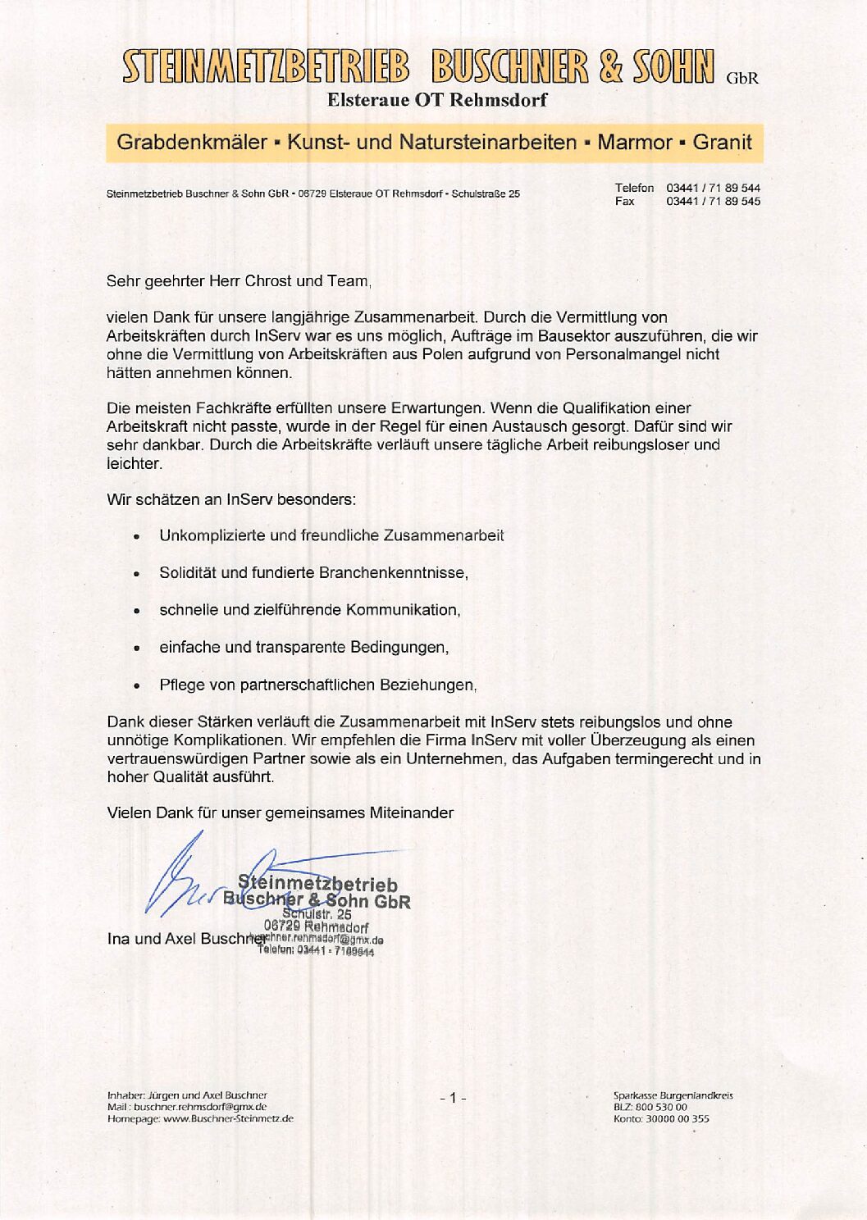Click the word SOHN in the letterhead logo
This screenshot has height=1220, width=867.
point(673,68)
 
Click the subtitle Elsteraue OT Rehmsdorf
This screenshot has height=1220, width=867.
point(436,100)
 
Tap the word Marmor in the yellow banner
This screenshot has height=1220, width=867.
point(634,142)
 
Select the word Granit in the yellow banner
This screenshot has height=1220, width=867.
point(722,142)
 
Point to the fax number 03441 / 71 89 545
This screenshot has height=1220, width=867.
point(713,201)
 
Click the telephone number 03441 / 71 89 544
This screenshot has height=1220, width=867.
point(713,188)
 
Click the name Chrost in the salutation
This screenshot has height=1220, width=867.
point(268,281)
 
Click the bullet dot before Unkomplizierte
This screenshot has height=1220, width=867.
point(136,537)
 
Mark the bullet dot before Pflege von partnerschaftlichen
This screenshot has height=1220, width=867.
point(136,686)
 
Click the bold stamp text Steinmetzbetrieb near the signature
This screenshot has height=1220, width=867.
point(317,884)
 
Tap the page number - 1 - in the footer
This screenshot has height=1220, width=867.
point(452,1097)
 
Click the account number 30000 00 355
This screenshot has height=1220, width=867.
point(678,1118)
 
